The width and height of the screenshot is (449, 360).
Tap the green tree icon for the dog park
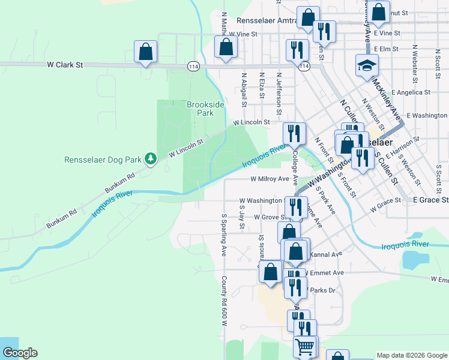point(152,158)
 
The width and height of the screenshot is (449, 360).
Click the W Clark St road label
point(64,64)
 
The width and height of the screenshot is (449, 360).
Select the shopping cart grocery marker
point(305,346)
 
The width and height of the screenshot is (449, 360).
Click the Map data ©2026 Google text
point(412,355)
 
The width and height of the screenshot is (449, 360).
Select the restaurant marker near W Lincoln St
point(294,133)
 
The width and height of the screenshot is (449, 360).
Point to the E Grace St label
point(430,199)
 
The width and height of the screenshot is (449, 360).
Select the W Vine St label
point(243,35)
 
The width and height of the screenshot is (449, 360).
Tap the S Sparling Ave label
point(223,235)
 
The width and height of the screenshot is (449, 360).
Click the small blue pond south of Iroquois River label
point(414,259)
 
